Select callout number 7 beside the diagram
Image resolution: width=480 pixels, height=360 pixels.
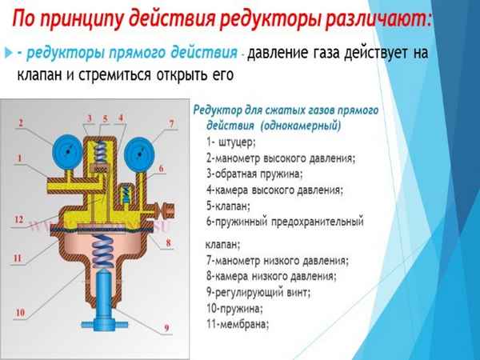[x=170, y=122]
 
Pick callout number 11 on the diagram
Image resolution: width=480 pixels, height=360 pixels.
[x=18, y=258]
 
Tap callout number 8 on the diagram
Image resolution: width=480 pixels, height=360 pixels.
[x=168, y=242]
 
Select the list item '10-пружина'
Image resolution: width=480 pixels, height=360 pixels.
[x=233, y=308]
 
